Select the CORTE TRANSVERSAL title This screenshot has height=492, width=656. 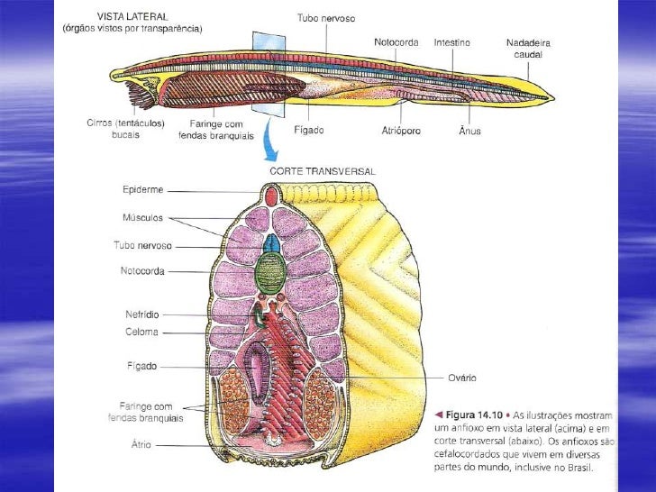point(322,170)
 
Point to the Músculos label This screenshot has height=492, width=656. point(142,217)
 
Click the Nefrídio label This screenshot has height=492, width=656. point(141,314)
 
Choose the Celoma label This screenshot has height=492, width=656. point(141,332)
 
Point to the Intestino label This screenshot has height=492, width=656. point(451,42)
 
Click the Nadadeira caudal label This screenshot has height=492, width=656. point(528,48)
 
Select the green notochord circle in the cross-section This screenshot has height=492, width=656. point(270,271)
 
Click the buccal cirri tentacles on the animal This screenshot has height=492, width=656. point(142,95)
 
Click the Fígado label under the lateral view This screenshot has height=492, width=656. point(309,130)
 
